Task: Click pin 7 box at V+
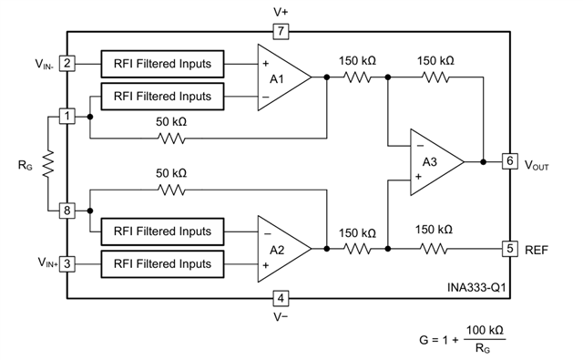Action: tap(281, 31)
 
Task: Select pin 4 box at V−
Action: tap(281, 298)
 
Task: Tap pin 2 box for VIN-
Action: tap(66, 64)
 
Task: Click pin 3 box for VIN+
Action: tap(66, 264)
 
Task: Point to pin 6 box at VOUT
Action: tap(510, 161)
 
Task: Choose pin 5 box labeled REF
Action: tap(510, 249)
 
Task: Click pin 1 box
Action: tap(66, 117)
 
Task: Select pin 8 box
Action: tap(66, 211)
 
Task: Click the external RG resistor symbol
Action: tap(48, 164)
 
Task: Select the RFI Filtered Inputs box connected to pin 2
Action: tap(162, 64)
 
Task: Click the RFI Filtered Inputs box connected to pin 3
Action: tap(162, 264)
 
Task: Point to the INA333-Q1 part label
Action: tap(476, 287)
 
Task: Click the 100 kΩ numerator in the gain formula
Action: tap(485, 330)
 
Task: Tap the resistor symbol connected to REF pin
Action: tap(434, 249)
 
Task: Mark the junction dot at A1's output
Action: tap(327, 77)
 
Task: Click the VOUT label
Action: tap(537, 165)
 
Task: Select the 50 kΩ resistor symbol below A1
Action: tap(171, 139)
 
